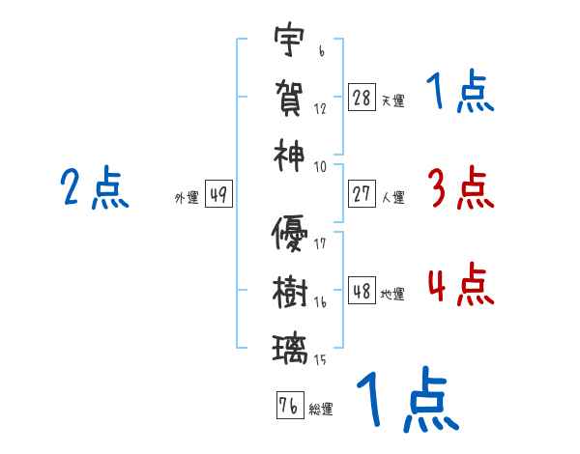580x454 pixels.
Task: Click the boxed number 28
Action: tap(362, 98)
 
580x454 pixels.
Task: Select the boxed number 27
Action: tap(362, 194)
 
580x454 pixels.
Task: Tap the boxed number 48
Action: tap(362, 291)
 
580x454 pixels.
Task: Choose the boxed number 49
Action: tap(217, 194)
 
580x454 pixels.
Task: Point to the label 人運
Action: tap(392, 197)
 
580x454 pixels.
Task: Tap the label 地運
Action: tap(392, 294)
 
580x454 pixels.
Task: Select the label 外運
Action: tap(186, 197)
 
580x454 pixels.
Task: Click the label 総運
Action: tap(321, 409)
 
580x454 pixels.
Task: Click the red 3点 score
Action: tap(460, 187)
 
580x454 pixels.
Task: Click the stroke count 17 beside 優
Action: tap(320, 244)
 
